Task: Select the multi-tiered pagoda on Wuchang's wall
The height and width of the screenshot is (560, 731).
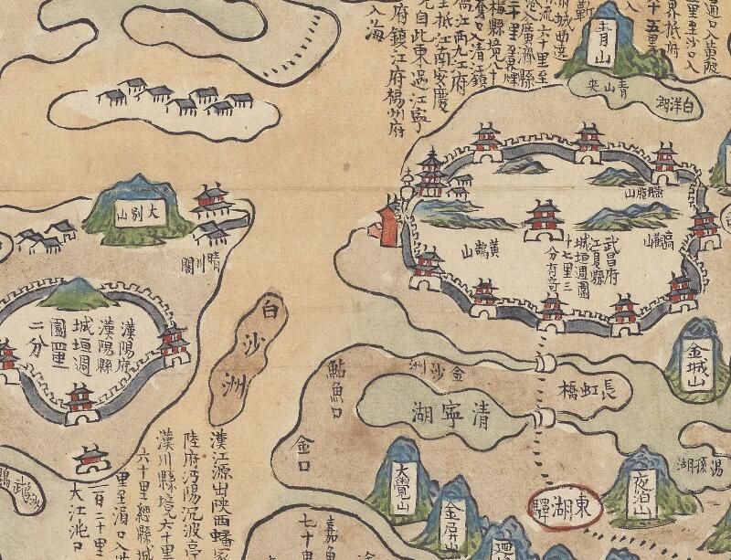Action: point(429,174)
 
